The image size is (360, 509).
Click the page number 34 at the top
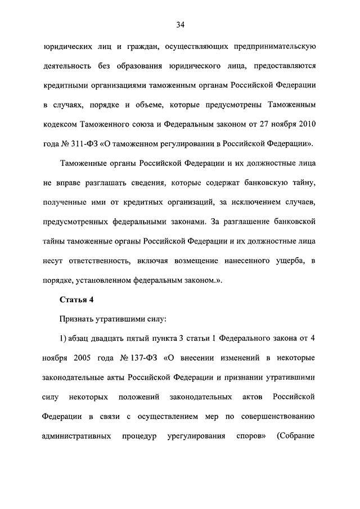(180, 24)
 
